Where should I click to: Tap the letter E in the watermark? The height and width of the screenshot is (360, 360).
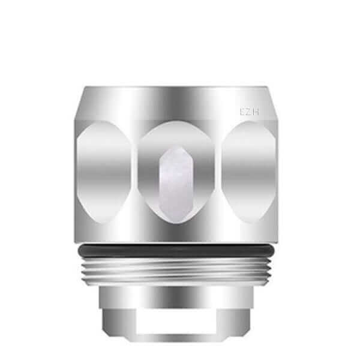tap(242, 112)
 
